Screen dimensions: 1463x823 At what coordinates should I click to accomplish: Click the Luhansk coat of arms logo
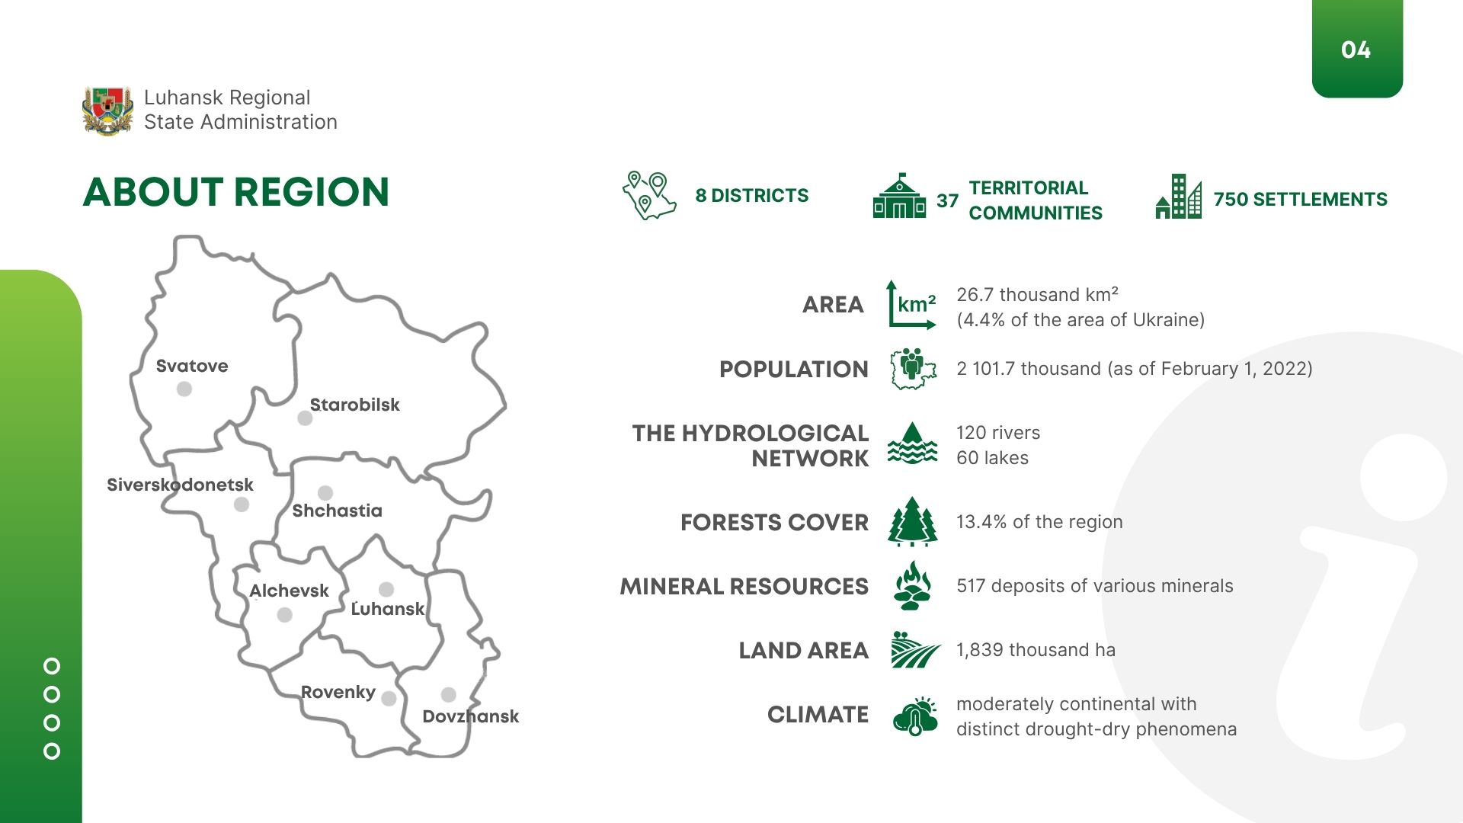tap(107, 111)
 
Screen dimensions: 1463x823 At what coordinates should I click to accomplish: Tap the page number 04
tap(1356, 50)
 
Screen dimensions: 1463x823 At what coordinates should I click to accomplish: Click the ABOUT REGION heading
tap(236, 192)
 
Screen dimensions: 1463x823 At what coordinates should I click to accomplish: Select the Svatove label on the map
tap(192, 366)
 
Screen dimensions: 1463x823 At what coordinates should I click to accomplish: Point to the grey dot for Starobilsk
tap(305, 418)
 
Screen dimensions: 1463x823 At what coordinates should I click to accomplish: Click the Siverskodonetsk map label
tap(180, 485)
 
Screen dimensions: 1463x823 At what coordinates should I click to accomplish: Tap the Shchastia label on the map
tap(338, 511)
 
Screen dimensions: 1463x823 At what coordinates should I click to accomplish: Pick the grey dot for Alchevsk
tap(285, 615)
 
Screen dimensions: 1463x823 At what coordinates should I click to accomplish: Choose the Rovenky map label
tap(338, 692)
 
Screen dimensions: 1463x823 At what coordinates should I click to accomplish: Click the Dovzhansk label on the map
tap(471, 716)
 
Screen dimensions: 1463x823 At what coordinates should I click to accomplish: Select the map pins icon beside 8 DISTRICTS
tap(649, 195)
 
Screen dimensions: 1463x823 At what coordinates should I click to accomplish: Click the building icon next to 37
tap(899, 196)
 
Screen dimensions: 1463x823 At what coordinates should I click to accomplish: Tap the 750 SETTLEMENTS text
tap(1301, 200)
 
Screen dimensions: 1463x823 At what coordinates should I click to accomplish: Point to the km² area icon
tap(912, 305)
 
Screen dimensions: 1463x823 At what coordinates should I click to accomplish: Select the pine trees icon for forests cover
tap(912, 522)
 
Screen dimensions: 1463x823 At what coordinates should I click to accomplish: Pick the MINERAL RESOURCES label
tap(744, 587)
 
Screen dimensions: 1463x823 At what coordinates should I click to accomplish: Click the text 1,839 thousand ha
tap(1036, 650)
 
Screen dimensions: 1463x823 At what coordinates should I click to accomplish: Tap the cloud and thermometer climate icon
tap(915, 716)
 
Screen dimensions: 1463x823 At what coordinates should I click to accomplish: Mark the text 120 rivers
tap(998, 433)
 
